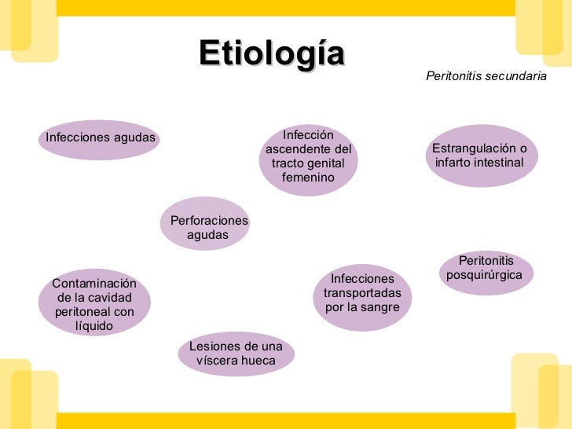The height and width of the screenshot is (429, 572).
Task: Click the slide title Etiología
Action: coord(272,54)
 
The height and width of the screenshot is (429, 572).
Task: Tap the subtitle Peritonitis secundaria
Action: coord(486,77)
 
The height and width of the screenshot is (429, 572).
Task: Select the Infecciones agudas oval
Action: coord(101,139)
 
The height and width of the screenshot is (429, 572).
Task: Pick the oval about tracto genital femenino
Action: coord(308,157)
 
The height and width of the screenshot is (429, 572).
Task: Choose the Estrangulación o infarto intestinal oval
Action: coord(479,156)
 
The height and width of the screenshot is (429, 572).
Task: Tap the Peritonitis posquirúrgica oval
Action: coord(486,269)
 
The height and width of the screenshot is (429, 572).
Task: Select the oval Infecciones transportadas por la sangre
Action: coord(361,292)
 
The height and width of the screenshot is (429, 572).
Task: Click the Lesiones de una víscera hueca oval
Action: coord(236,354)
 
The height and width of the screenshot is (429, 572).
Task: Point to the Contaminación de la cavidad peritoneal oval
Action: coord(93,304)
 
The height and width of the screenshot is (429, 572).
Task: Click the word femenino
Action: coord(308,178)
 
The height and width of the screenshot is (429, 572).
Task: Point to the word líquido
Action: coord(93,326)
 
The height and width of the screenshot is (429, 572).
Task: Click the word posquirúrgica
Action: coord(486,276)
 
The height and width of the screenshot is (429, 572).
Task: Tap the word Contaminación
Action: coord(93,284)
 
